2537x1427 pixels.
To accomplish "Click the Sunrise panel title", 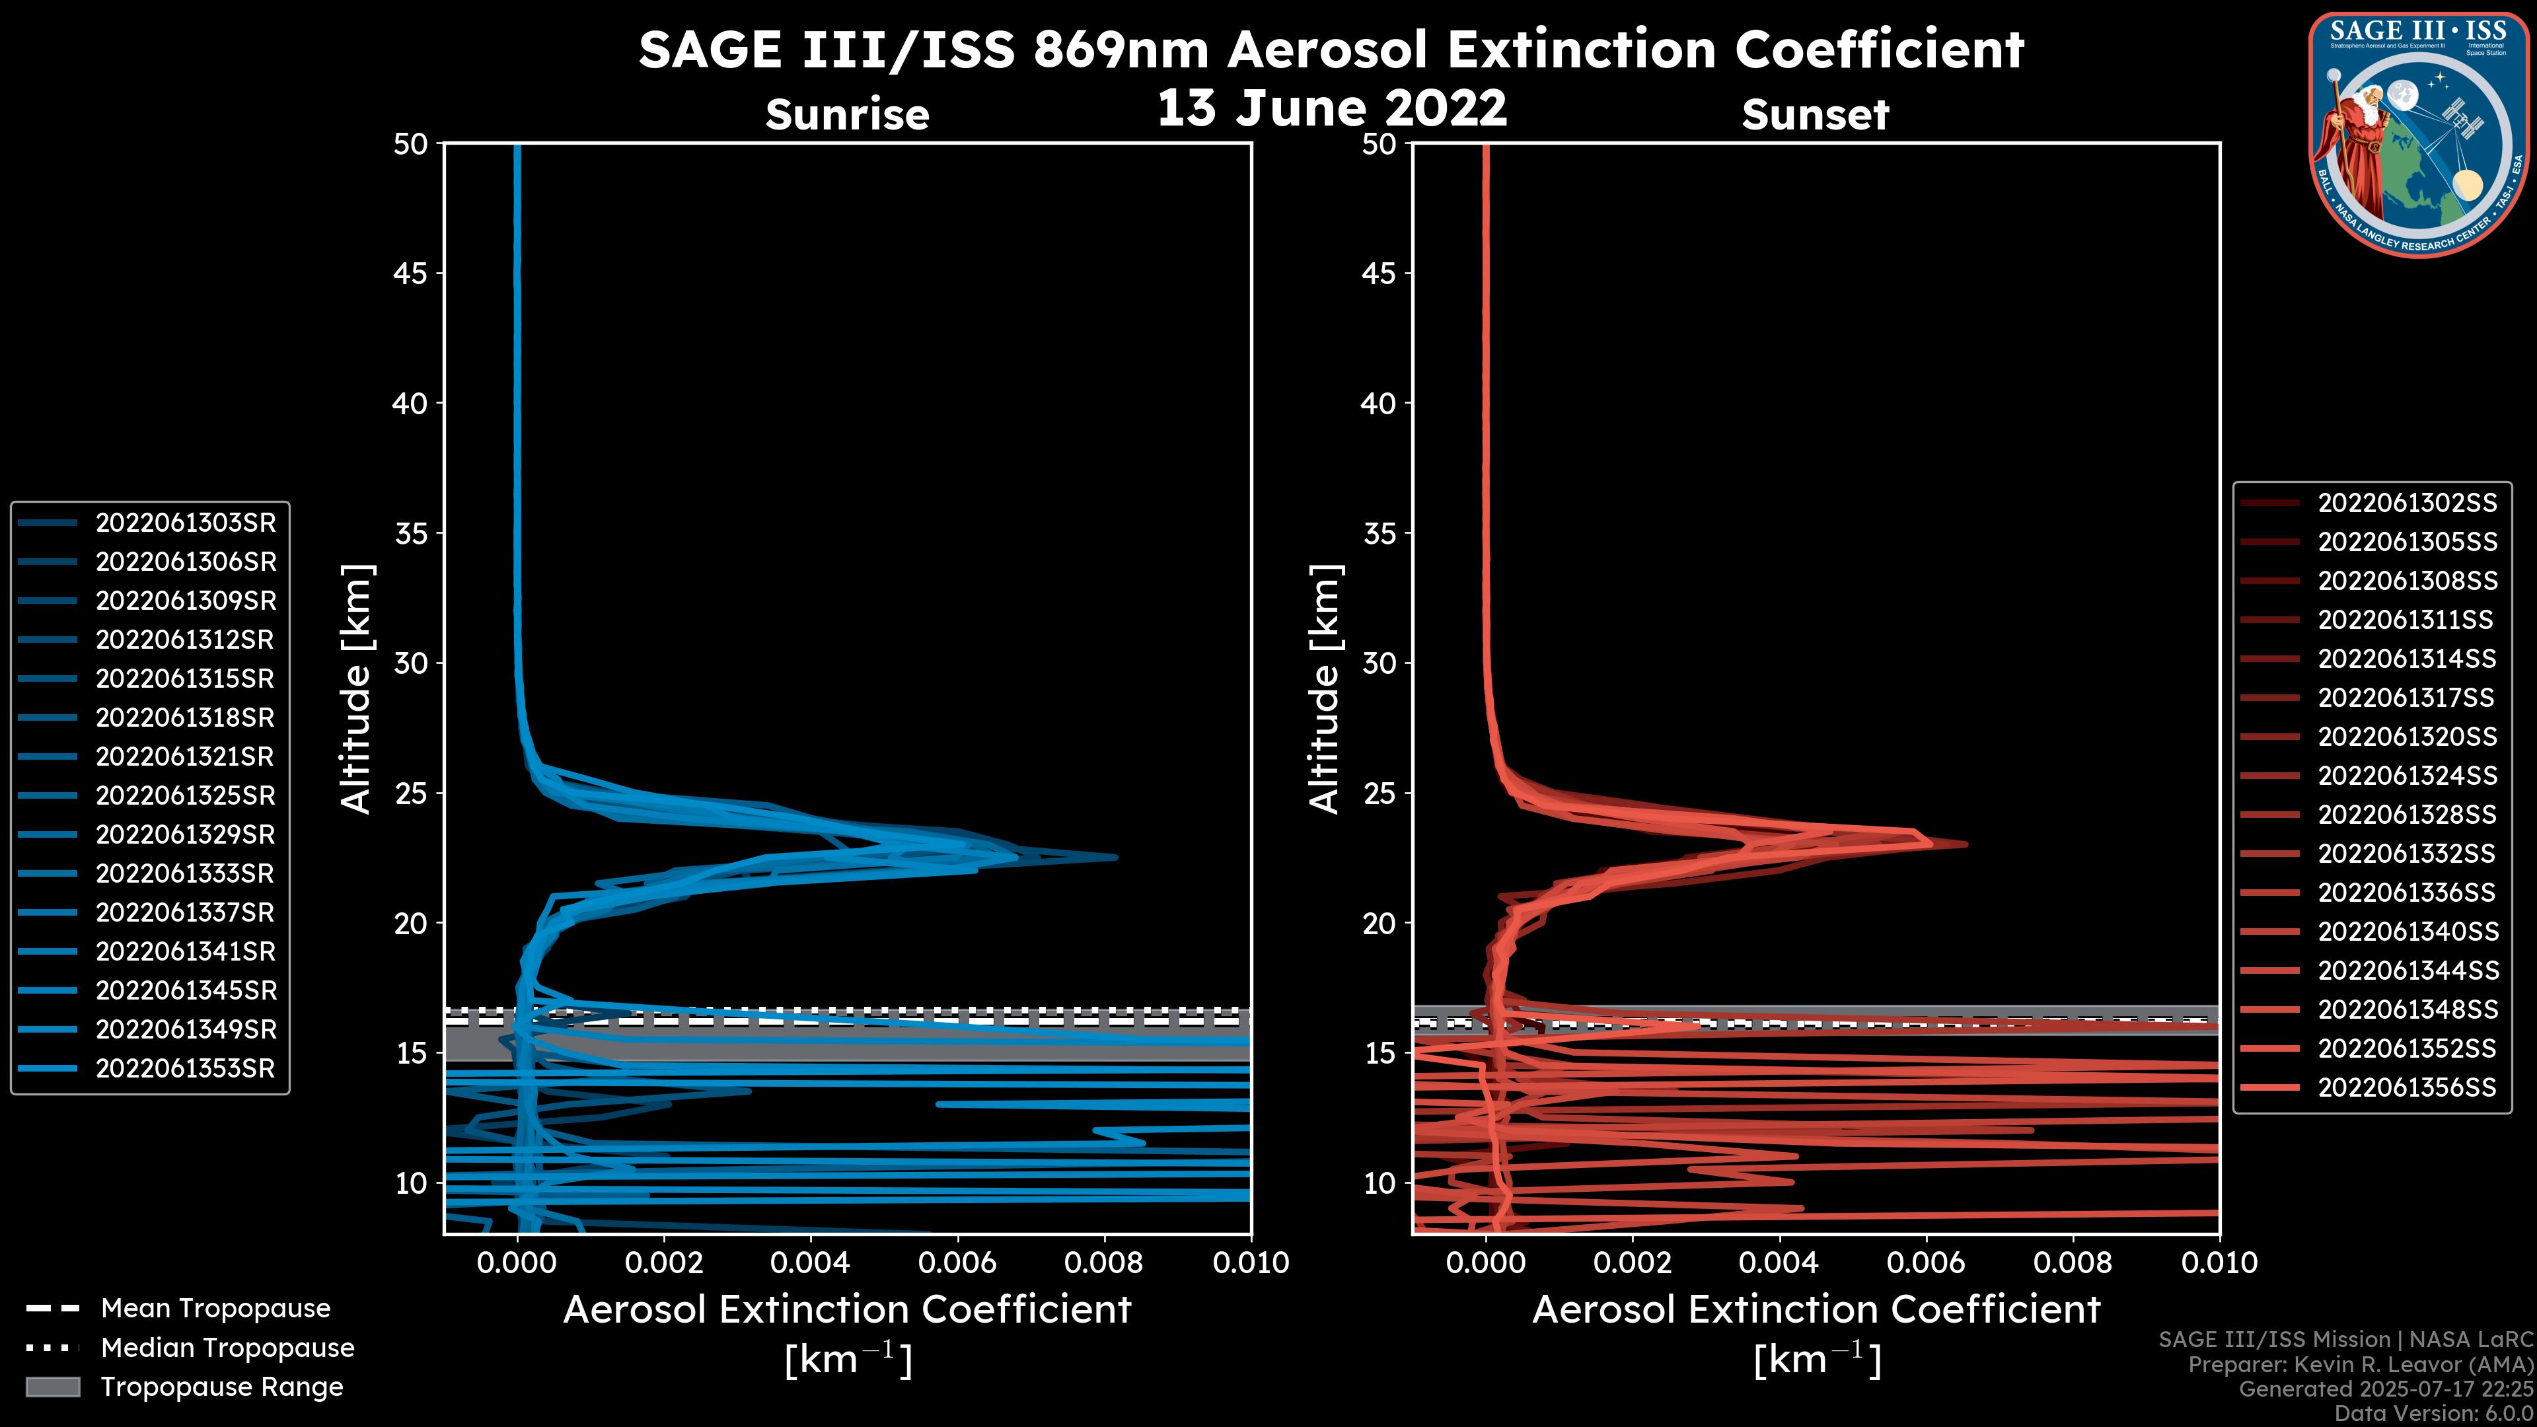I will pos(847,114).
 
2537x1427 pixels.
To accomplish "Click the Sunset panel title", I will pos(1815,114).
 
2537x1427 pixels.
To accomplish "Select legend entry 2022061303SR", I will pos(185,523).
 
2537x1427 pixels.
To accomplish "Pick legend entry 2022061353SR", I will pos(185,1068).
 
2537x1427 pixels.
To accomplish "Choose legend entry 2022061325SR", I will pos(185,795).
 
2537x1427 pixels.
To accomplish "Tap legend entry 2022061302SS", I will pos(2407,503).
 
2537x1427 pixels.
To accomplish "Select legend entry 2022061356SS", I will pos(2407,1087).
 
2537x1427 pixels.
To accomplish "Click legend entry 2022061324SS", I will pos(2407,776).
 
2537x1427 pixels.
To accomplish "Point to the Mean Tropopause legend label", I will pos(215,1309).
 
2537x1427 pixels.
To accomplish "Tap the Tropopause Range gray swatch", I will pos(52,1387).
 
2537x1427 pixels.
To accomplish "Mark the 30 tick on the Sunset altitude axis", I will pos(1379,663).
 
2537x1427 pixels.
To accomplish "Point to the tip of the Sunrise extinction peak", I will pos(1116,858).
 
